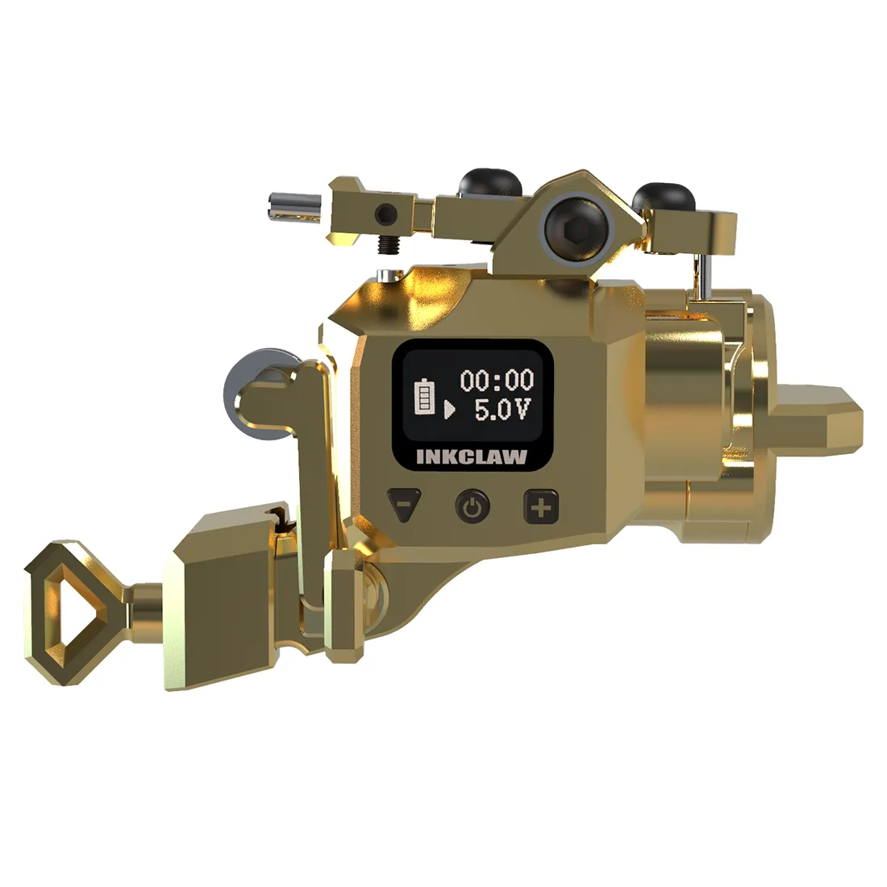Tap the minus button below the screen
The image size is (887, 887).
pyautogui.click(x=404, y=504)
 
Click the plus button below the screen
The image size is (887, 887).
pyautogui.click(x=541, y=506)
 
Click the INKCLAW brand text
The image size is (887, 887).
pyautogui.click(x=472, y=456)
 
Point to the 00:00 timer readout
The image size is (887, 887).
pyautogui.click(x=497, y=380)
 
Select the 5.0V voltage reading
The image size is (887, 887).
pyautogui.click(x=502, y=410)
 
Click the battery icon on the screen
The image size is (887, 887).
pyautogui.click(x=426, y=396)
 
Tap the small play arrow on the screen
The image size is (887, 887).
pyautogui.click(x=449, y=409)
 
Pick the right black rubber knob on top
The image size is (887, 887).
pyautogui.click(x=664, y=197)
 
